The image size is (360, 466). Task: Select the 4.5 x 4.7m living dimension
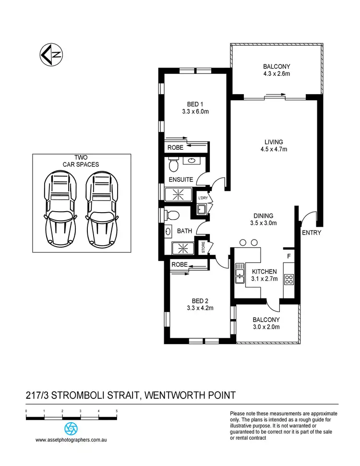273,149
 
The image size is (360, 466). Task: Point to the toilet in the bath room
174,214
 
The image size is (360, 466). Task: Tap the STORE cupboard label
204,247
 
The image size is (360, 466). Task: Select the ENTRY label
311,233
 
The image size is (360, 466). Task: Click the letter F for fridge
288,256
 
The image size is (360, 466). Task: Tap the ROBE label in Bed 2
179,264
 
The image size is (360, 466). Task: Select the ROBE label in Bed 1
175,148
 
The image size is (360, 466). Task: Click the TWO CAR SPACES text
81,161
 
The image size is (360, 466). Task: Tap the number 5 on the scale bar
117,411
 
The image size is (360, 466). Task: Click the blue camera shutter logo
71,429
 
